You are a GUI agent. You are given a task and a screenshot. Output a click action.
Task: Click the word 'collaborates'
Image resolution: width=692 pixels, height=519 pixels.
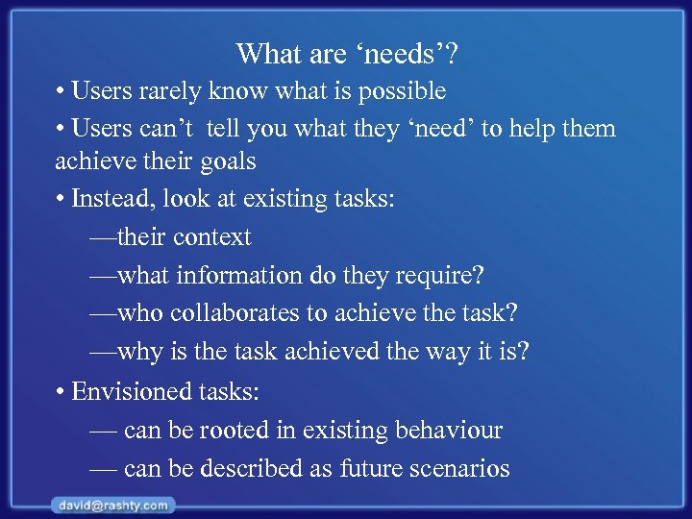(x=242, y=314)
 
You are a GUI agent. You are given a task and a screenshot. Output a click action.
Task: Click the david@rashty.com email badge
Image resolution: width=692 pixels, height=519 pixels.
(x=112, y=505)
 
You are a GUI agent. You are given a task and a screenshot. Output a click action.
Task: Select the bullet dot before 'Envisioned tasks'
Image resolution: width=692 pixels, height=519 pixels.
(x=60, y=392)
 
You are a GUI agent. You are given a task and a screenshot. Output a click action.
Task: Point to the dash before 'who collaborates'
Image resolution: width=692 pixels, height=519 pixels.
(x=102, y=314)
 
